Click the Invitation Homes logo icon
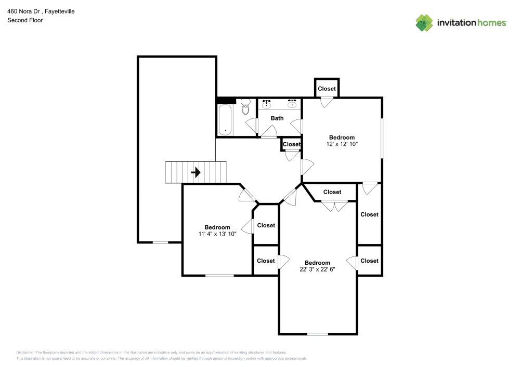424,22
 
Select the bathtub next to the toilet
225,119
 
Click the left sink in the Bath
267,103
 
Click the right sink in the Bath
292,103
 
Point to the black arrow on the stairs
196,172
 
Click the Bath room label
277,118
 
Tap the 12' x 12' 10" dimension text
342,144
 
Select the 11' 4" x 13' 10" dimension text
217,234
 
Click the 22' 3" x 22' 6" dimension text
317,269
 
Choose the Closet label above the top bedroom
327,89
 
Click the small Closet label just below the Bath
292,144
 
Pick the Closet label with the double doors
332,192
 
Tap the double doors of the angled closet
334,206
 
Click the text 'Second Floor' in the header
25,20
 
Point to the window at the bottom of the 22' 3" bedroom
317,334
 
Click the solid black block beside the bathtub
226,101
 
